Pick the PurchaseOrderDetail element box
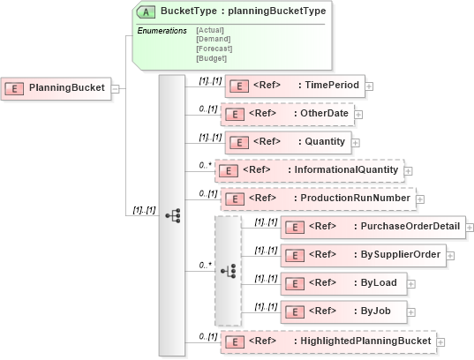(x=371, y=227)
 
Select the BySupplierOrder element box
(x=362, y=255)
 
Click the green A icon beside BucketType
(x=147, y=11)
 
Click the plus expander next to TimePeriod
(x=369, y=86)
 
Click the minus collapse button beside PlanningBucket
(x=116, y=88)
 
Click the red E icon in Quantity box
(x=237, y=141)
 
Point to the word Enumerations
(x=162, y=31)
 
